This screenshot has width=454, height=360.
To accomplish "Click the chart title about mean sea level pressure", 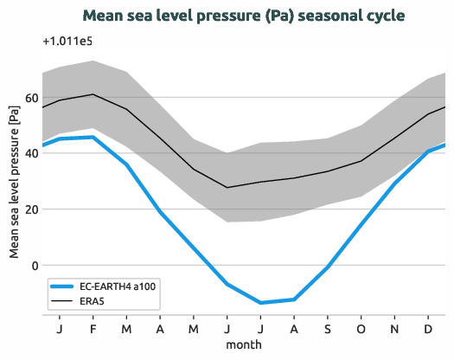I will pos(244,16).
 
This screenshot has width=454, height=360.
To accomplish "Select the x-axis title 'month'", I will pos(244,344).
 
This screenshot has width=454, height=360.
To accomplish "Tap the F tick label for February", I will pos(93,328).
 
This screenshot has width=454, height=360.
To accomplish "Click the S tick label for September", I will pos(328,328).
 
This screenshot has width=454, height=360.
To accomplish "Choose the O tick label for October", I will pos(361,328).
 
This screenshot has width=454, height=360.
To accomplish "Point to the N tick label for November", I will pos(395,328).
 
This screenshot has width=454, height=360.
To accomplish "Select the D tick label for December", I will pos(429,328).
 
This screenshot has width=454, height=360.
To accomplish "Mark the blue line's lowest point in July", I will pos(261,303).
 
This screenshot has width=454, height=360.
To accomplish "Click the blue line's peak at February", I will pos(93,137).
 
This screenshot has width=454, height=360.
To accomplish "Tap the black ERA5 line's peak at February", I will pos(93,94).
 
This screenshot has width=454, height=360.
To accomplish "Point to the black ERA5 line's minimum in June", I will pos(227,188).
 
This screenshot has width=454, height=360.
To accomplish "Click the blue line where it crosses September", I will pos(328,267).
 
